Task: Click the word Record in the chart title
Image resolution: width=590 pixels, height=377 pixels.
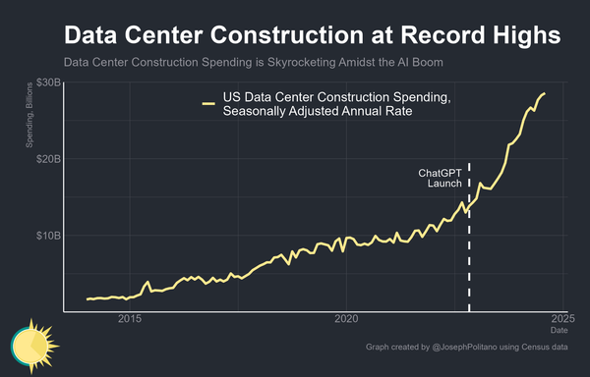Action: (426, 35)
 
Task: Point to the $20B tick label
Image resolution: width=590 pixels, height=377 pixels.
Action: (47, 159)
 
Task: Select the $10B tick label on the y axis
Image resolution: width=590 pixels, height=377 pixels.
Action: (47, 236)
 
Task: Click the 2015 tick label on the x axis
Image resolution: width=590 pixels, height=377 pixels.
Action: (130, 319)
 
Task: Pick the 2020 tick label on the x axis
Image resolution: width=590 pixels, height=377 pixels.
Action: (346, 319)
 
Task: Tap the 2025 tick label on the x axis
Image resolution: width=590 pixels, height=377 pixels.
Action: (562, 319)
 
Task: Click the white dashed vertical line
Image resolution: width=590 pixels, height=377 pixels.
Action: (469, 255)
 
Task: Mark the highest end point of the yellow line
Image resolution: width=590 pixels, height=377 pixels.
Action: (544, 94)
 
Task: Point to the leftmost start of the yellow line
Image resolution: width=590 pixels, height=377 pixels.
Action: (88, 298)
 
